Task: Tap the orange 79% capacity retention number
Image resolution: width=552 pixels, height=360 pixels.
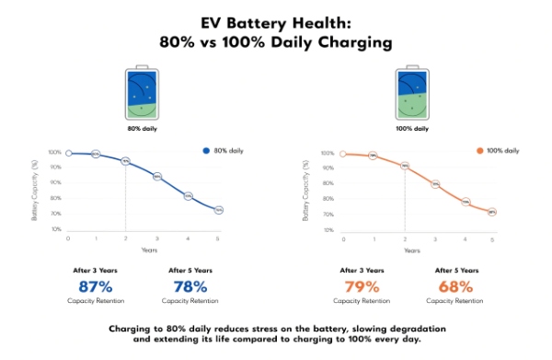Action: (x=362, y=286)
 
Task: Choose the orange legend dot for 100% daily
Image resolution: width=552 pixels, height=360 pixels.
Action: (x=479, y=150)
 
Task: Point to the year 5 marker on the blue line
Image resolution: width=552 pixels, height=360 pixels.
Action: (x=219, y=210)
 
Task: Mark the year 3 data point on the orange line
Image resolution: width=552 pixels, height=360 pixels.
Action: (x=435, y=184)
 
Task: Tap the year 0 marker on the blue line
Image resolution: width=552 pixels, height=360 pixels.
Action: (x=68, y=153)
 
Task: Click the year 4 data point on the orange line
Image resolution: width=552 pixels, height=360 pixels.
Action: (x=466, y=202)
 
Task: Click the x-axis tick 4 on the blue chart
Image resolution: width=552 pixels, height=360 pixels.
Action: (x=188, y=238)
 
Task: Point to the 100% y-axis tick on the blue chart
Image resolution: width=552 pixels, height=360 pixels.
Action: (x=55, y=153)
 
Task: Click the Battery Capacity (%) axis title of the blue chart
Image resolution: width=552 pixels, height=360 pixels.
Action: (x=35, y=191)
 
